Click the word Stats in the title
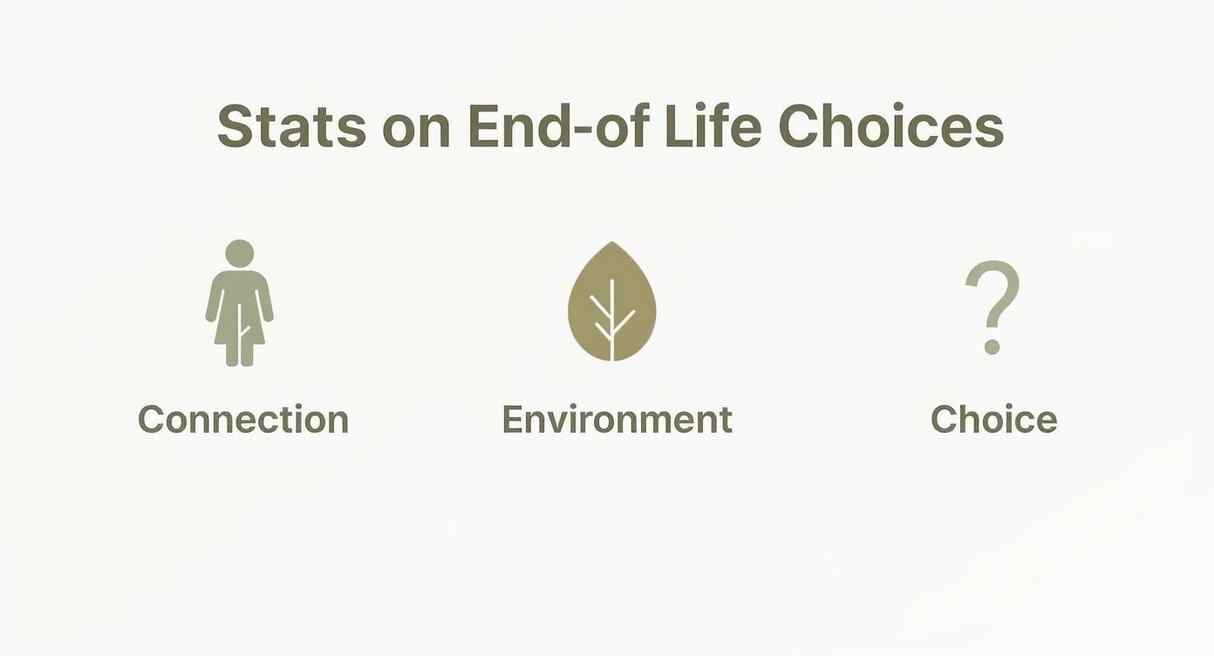pos(290,127)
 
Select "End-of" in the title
pos(558,127)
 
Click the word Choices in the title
pos(890,127)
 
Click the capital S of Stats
pos(235,127)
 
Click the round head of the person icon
pos(239,253)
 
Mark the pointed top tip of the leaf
pos(612,244)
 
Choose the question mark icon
pos(992,305)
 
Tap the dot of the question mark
pos(991,347)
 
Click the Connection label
pos(243,420)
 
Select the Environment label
pos(617,420)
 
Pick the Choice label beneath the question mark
pos(993,420)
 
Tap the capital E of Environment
pos(514,420)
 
